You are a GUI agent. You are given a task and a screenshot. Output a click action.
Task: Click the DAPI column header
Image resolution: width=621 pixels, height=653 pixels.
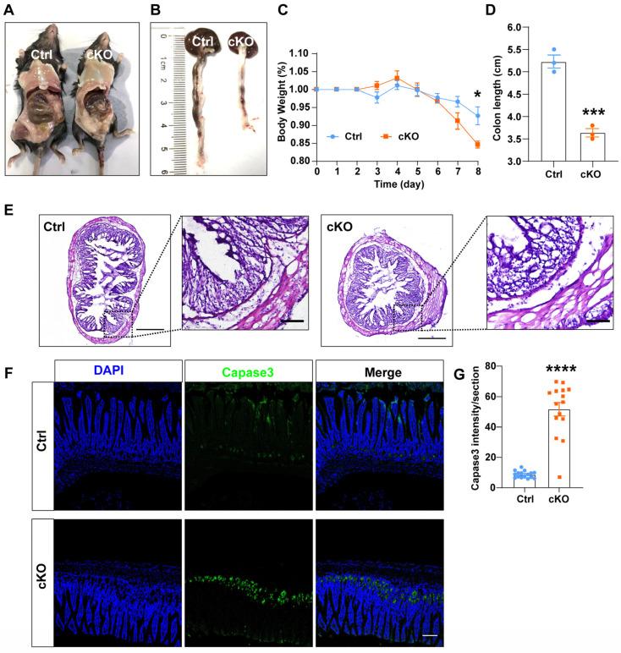point(118,372)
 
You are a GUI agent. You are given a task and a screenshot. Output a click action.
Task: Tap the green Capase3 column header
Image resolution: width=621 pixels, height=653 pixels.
point(250,372)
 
